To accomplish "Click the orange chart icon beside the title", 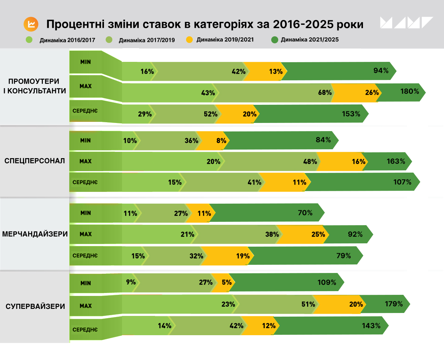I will pyautogui.click(x=31, y=24).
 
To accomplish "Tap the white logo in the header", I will pyautogui.click(x=406, y=23).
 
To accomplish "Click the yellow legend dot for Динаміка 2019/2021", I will pyautogui.click(x=189, y=39).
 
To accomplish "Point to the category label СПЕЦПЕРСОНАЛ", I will pyautogui.click(x=35, y=161).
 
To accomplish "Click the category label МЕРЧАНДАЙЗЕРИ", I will pyautogui.click(x=35, y=234).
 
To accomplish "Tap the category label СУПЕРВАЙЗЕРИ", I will pyautogui.click(x=36, y=306).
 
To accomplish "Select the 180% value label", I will pyautogui.click(x=410, y=91).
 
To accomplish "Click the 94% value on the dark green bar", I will pyautogui.click(x=381, y=71).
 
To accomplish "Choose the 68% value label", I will pyautogui.click(x=324, y=93).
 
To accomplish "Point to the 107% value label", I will pyautogui.click(x=402, y=182).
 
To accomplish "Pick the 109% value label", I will pyautogui.click(x=327, y=282).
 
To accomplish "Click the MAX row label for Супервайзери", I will pyautogui.click(x=85, y=306).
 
